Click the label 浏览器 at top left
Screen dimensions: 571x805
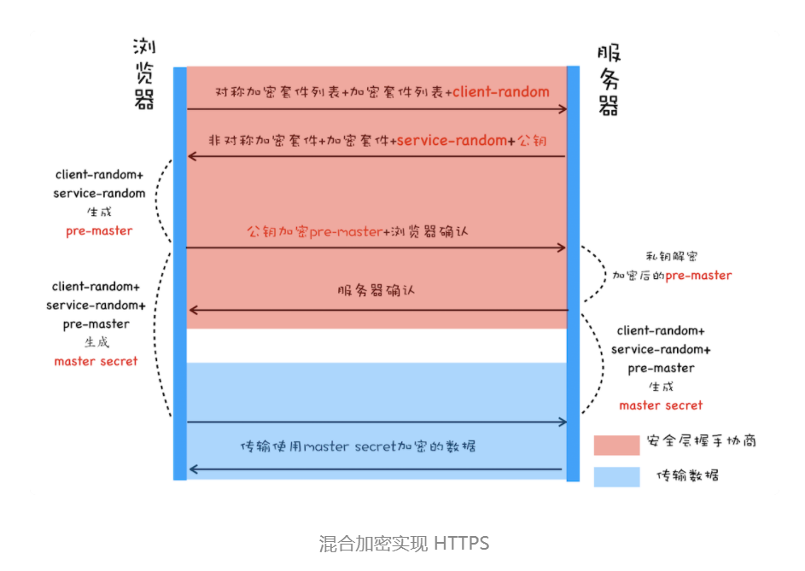[x=144, y=73]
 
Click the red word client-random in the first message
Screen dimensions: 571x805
[x=501, y=91]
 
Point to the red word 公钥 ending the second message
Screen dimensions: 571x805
[x=532, y=140]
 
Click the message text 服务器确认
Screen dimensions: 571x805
[x=376, y=290]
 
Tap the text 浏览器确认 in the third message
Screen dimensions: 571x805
[x=429, y=230]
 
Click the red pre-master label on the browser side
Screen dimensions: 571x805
[x=99, y=230]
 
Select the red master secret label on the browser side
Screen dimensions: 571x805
[x=96, y=361]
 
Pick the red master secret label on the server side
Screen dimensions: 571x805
[x=661, y=405]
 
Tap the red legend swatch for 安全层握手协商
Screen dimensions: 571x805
[x=616, y=444]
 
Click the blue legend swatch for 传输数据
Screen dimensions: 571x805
[x=616, y=475]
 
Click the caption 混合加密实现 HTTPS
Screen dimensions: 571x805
[x=404, y=543]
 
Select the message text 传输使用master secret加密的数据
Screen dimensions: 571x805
[x=358, y=446]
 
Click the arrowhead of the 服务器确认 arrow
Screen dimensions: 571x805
[x=193, y=310]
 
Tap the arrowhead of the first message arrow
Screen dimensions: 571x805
[x=563, y=109]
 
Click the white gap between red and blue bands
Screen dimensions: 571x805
[x=376, y=345]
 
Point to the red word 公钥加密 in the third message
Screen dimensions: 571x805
[x=277, y=230]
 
